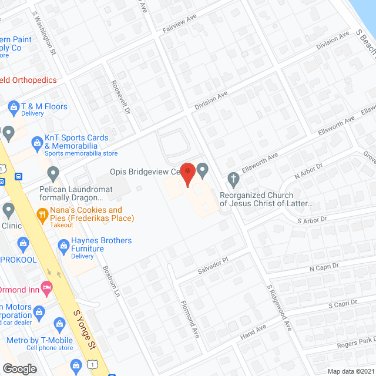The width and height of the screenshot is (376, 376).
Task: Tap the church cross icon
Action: pyautogui.click(x=233, y=177)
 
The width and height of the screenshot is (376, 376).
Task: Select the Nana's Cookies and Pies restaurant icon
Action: pyautogui.click(x=42, y=215)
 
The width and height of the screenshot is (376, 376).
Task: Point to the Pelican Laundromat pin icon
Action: pyautogui.click(x=53, y=174)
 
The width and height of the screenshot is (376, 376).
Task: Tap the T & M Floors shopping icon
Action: pyautogui.click(x=12, y=107)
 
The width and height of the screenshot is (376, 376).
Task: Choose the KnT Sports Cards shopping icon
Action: pyautogui.click(x=37, y=142)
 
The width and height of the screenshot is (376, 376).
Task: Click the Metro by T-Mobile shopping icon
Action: pyautogui.click(x=59, y=323)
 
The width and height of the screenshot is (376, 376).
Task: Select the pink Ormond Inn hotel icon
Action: pyautogui.click(x=48, y=288)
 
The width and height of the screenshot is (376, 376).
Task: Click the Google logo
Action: pyautogui.click(x=19, y=368)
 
